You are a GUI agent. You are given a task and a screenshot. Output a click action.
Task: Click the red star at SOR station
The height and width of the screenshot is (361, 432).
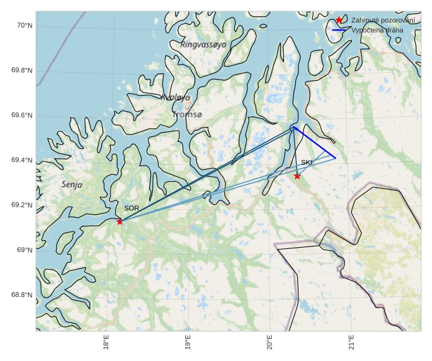[120, 222]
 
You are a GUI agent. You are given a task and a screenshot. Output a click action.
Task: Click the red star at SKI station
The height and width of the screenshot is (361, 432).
[297, 176]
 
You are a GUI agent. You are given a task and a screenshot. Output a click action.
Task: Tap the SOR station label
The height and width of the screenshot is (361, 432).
[131, 209]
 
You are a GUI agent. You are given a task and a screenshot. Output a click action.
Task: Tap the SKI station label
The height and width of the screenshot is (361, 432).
[306, 162]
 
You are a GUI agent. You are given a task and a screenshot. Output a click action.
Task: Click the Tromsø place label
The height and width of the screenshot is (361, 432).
[186, 115]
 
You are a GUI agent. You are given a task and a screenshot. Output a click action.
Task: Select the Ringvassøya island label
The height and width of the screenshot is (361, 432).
[203, 45]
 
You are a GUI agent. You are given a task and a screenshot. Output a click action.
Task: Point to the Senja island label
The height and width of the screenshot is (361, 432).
[72, 185]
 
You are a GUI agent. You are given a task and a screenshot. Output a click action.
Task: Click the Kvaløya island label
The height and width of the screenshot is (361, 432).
[175, 98]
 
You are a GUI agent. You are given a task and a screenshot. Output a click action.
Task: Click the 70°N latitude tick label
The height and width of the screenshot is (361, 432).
[24, 26]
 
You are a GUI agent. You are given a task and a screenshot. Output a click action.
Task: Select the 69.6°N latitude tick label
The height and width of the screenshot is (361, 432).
[22, 116]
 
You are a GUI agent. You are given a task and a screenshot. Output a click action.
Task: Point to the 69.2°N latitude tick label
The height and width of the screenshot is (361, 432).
[22, 205]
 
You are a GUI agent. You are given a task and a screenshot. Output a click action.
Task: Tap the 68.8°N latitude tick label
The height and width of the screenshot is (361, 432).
[22, 295]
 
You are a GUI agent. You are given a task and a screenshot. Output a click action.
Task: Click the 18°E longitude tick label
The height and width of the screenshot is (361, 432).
[106, 342]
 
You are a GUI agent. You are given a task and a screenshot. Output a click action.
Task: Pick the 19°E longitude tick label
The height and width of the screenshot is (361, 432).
[188, 342]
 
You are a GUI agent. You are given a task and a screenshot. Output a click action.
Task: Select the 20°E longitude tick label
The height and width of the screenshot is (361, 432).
[270, 342]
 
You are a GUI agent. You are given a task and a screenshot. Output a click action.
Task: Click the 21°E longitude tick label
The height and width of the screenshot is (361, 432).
[351, 342]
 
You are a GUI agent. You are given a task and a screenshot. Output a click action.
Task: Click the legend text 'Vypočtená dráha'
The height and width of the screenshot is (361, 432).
[377, 30]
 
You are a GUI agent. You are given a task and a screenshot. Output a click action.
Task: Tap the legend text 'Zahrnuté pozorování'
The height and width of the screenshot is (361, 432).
[383, 21]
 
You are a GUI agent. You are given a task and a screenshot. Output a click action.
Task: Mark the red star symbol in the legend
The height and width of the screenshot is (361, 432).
[339, 21]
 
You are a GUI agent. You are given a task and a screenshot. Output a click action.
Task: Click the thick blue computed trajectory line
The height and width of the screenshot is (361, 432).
[315, 143]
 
